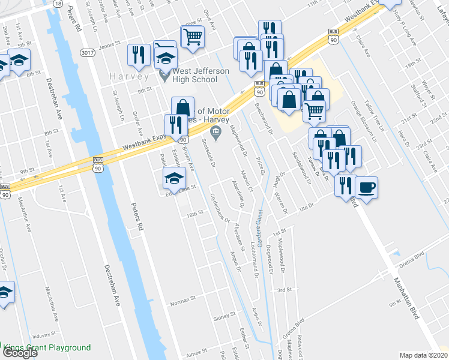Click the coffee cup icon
[x=366, y=187]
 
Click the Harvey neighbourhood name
[x=129, y=76]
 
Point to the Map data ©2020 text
[x=424, y=355]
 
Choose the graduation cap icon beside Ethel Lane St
[x=174, y=177]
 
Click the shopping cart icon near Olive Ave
[x=193, y=37]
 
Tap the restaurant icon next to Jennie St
[x=139, y=55]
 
